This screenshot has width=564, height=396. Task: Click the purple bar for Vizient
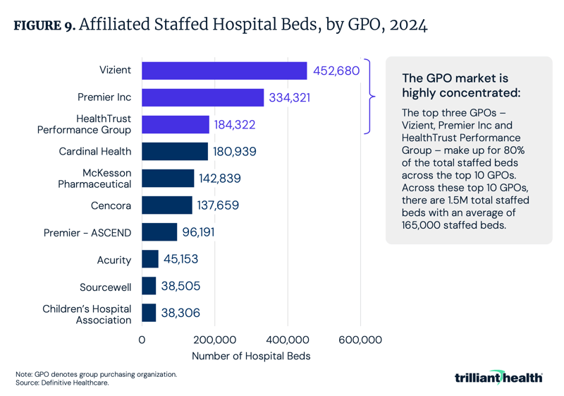tap(224, 71)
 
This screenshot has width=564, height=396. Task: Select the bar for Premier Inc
tap(203, 97)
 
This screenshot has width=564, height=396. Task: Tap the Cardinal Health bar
tap(175, 151)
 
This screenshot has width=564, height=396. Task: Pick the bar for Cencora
tap(167, 205)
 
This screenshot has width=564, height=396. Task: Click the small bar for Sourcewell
tap(149, 286)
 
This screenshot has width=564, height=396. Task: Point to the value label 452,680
tap(336, 71)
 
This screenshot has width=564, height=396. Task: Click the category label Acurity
tap(114, 260)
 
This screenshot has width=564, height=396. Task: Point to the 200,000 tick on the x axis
tap(215, 340)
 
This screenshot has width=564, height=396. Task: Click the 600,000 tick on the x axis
tap(360, 340)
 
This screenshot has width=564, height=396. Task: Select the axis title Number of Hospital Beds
tap(251, 356)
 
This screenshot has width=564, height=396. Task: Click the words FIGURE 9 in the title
tap(44, 26)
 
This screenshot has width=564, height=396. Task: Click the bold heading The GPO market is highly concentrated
tap(454, 85)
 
